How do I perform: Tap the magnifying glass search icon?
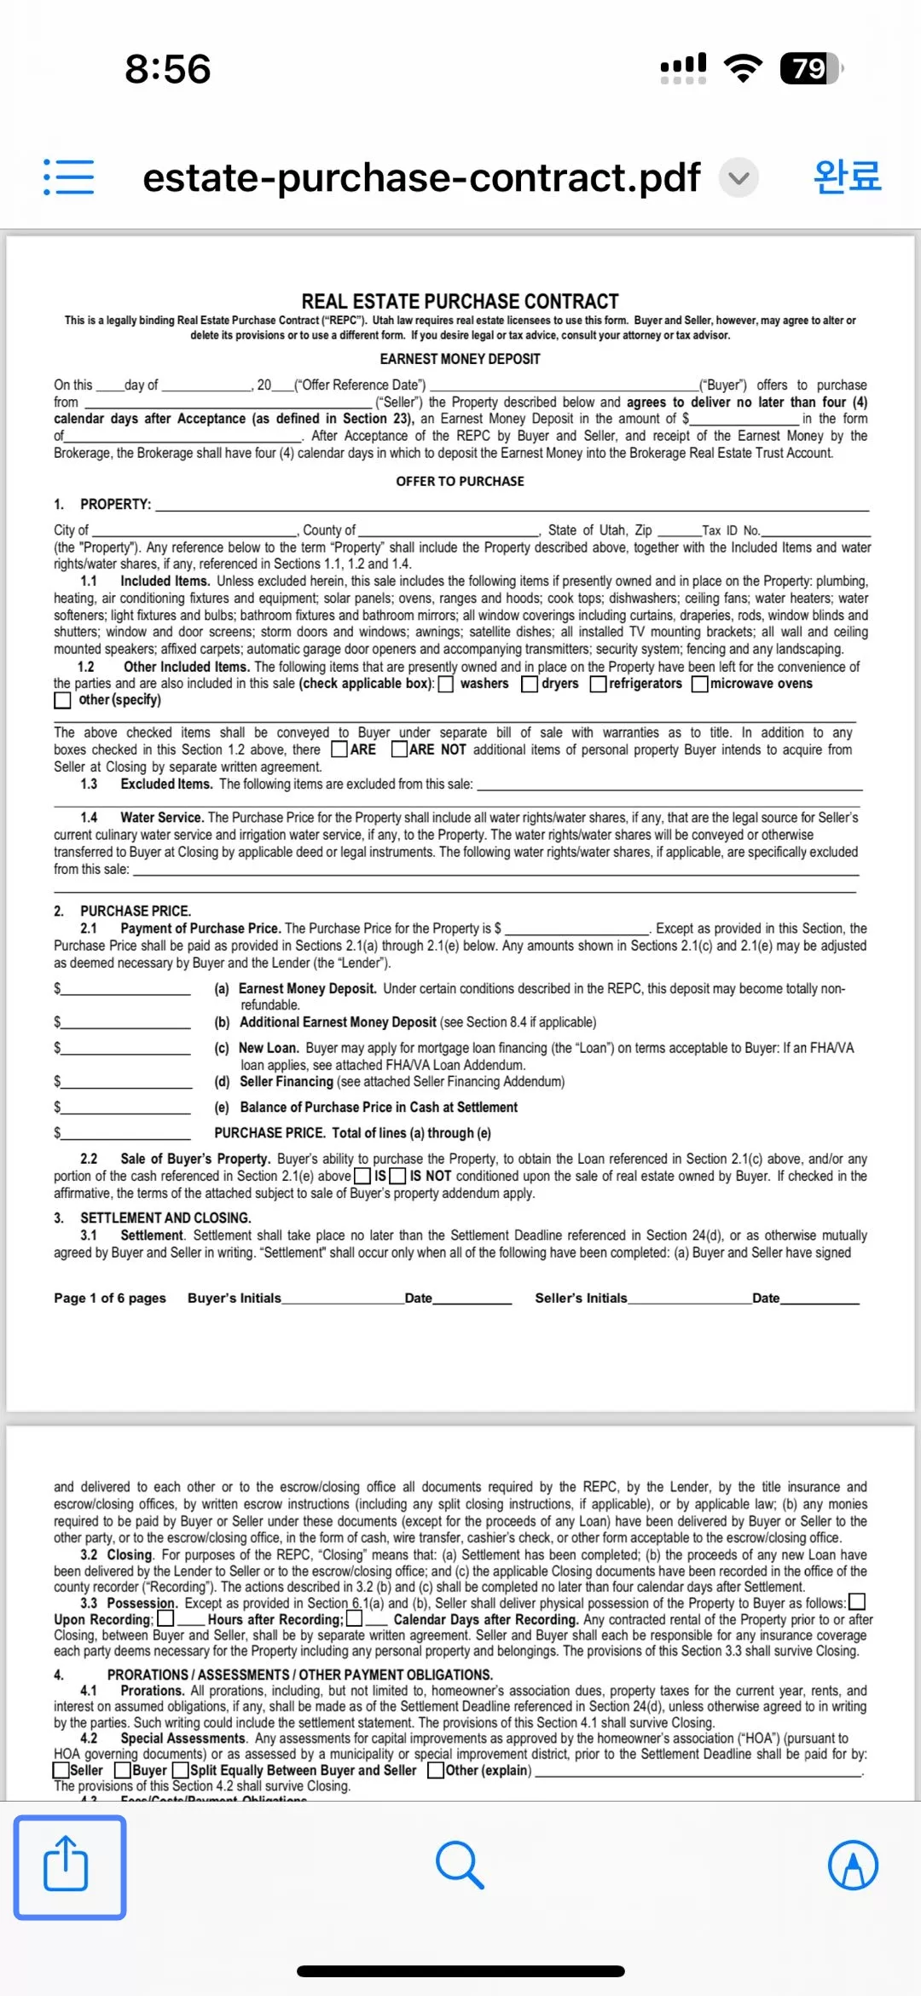[x=460, y=1865]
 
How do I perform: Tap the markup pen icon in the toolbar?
[x=853, y=1865]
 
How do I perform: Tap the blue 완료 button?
[x=847, y=176]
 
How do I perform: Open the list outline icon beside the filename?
[x=69, y=176]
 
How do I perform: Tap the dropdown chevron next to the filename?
[x=739, y=177]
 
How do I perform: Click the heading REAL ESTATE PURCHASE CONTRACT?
[x=460, y=301]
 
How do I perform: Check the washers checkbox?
[x=446, y=684]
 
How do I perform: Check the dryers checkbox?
[x=530, y=684]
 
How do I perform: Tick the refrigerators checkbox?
[x=599, y=684]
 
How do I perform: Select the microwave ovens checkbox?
[x=700, y=684]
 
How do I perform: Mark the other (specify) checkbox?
[x=62, y=700]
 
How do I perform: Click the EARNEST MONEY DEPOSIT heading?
[x=460, y=359]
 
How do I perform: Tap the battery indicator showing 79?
[x=810, y=68]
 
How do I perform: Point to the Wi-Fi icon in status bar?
[x=743, y=68]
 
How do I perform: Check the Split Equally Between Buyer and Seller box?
[x=181, y=1771]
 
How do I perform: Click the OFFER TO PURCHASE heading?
[x=460, y=481]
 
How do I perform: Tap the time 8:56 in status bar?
[x=168, y=69]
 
